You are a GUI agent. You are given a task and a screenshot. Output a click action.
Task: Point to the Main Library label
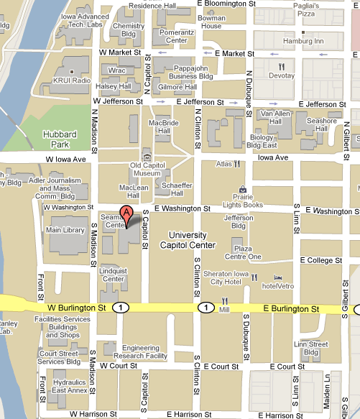tap(65, 230)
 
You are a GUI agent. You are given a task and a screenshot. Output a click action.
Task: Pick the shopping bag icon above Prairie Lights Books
tap(242, 190)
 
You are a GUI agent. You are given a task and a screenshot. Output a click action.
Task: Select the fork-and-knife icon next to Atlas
tap(236, 164)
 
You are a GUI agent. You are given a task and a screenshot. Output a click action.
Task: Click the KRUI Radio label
tap(71, 80)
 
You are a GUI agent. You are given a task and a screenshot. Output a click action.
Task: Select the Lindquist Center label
tap(113, 275)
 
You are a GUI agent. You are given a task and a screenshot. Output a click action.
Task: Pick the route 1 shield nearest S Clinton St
tap(207, 308)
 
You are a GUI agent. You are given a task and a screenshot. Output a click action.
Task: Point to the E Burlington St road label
tap(290, 308)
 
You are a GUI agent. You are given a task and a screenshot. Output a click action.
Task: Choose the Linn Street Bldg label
tap(310, 348)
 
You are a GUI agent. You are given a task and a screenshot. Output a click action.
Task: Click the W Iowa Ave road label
tap(65, 158)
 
